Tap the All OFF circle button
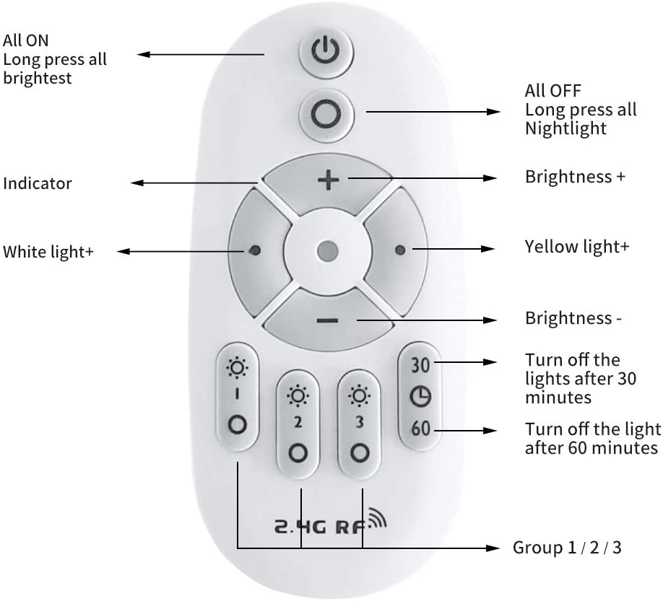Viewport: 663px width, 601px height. tap(326, 115)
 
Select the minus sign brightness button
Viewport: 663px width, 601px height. tap(328, 320)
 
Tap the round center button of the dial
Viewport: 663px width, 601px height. tap(327, 251)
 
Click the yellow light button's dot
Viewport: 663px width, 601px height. tap(400, 250)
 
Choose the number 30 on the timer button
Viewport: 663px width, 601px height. tap(420, 365)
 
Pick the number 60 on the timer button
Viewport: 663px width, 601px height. tap(421, 429)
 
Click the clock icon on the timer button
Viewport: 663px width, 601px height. tap(420, 397)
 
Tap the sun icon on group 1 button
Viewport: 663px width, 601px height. tap(237, 367)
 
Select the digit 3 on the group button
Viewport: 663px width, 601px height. tap(360, 421)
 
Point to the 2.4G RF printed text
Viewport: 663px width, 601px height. tap(320, 527)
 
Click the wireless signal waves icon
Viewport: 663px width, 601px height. tap(377, 518)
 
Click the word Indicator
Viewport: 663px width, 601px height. tap(38, 184)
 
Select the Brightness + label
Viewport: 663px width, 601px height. tap(575, 177)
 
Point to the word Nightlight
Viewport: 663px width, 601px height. tap(565, 128)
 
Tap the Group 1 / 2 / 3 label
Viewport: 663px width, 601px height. tap(567, 548)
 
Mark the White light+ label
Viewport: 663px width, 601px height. tap(48, 252)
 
